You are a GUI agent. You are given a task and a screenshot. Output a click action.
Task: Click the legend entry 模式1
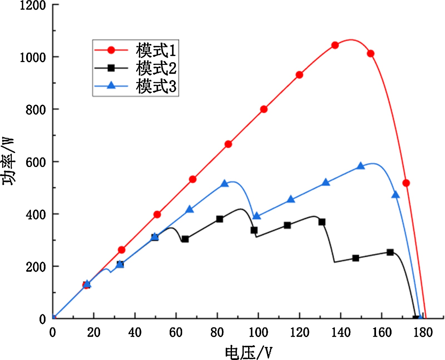point(156,50)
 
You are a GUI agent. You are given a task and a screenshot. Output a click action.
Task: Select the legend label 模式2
point(156,68)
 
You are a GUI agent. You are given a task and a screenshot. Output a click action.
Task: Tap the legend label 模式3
point(156,86)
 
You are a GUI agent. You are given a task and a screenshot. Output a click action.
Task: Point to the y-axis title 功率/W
point(8,161)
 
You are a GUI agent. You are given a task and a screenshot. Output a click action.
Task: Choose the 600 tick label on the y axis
point(36,162)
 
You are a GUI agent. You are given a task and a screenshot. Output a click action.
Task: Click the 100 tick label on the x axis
point(258,332)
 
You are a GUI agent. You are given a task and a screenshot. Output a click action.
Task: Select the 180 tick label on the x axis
point(423,332)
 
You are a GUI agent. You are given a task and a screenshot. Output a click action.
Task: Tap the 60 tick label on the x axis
point(176,332)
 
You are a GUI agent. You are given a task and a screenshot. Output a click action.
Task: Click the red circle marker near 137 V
point(335,45)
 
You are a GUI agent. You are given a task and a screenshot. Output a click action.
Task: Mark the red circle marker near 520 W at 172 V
point(406,183)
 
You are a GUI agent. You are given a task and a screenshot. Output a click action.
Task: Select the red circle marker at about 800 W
point(264,109)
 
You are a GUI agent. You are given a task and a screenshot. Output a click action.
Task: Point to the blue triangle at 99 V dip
point(257,216)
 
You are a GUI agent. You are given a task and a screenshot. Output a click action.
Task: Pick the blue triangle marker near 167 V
point(395,195)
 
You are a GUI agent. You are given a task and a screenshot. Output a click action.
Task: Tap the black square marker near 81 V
point(219,219)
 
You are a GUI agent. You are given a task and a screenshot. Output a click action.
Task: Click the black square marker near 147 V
point(355,258)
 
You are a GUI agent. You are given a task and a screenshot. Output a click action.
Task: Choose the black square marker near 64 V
point(185,239)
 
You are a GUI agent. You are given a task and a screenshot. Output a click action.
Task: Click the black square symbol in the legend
point(111,68)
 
